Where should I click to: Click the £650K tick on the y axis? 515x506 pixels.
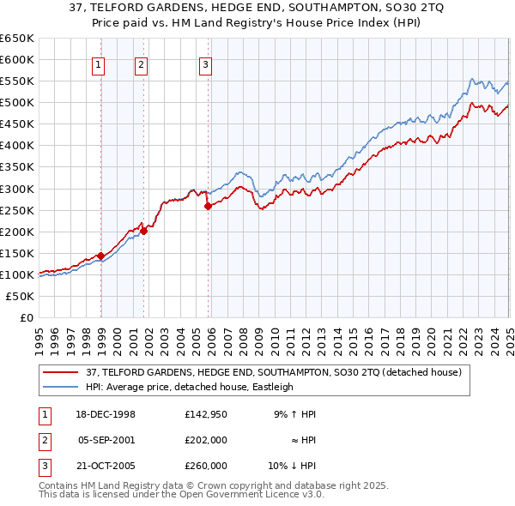click(x=17, y=39)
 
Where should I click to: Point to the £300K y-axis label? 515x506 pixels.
click(x=17, y=189)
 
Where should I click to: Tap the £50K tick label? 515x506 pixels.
click(x=21, y=296)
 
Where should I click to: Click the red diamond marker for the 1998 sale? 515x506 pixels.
click(x=100, y=256)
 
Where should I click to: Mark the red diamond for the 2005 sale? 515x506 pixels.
click(x=208, y=206)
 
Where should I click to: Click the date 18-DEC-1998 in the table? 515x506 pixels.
click(x=106, y=414)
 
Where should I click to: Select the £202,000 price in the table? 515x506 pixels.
click(x=206, y=440)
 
